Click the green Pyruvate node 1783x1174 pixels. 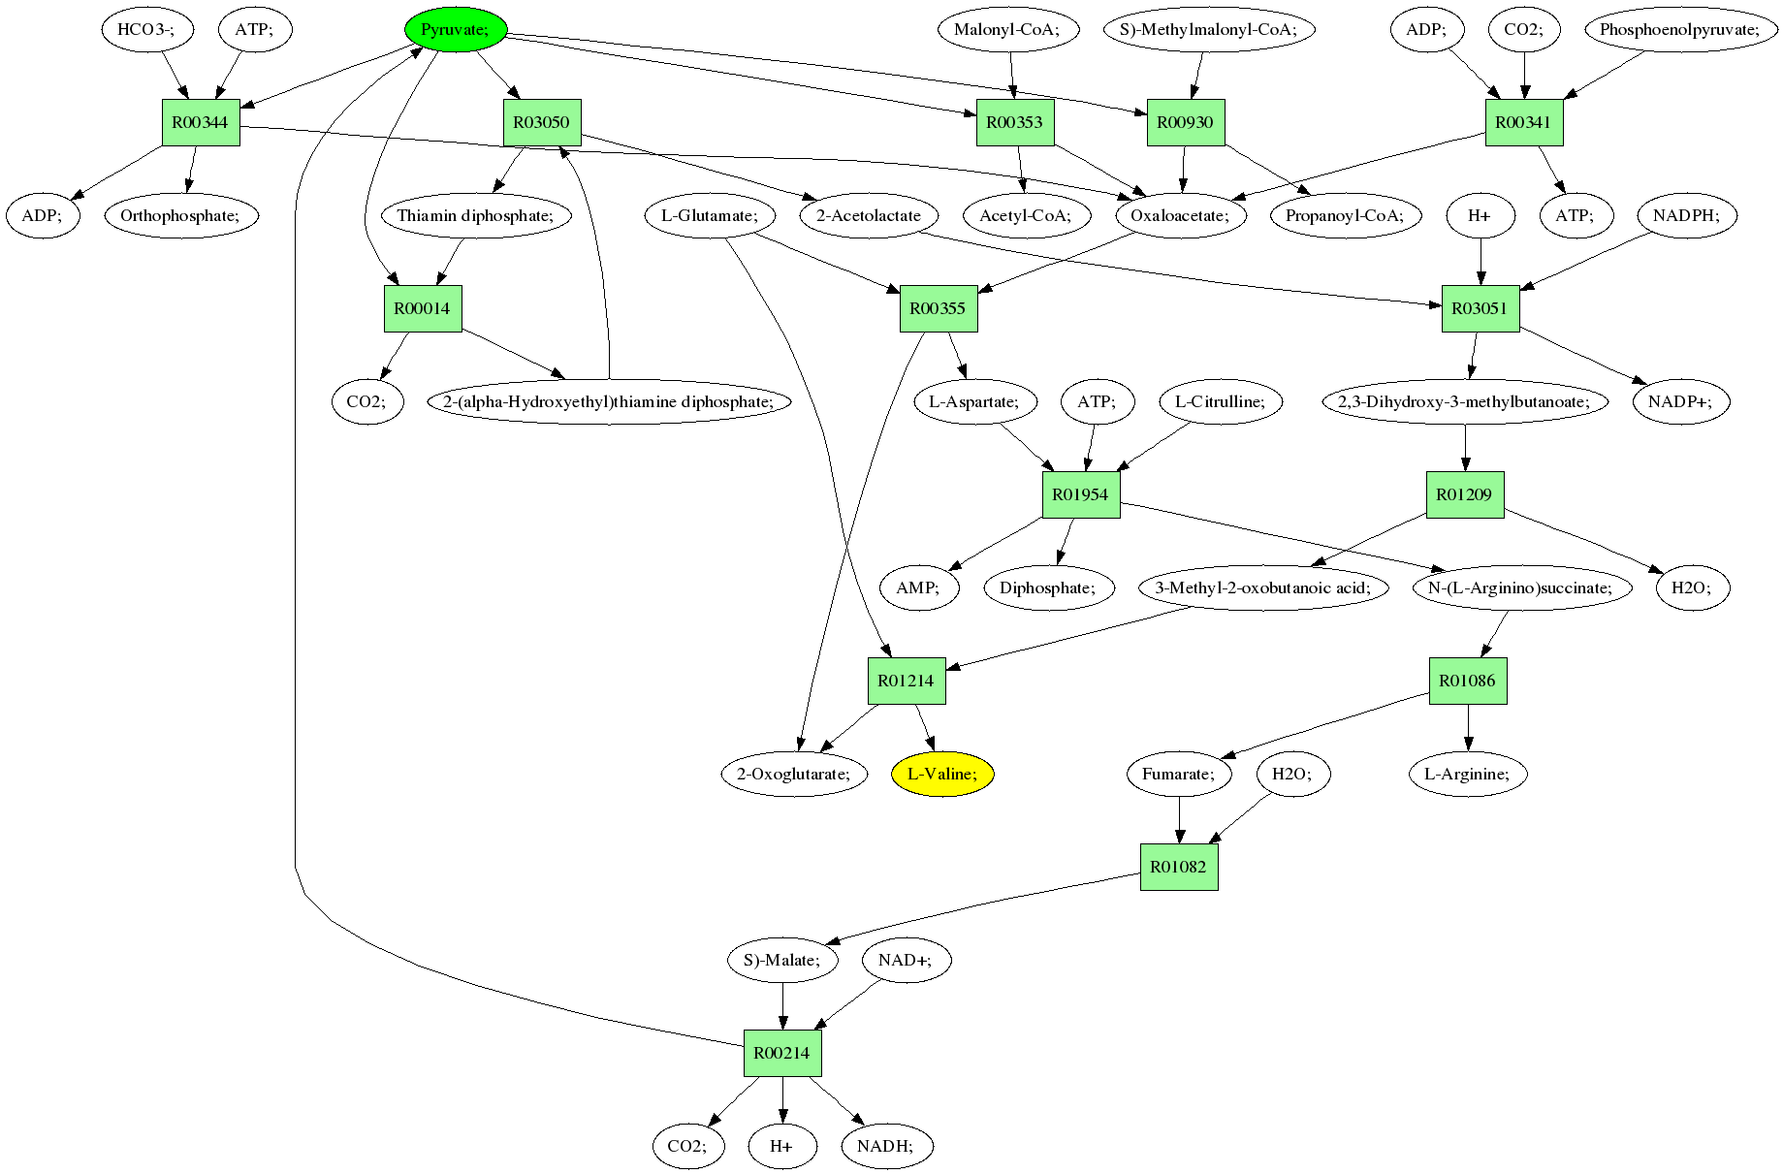click(x=455, y=30)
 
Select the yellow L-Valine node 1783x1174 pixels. click(x=942, y=774)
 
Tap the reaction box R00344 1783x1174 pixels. click(x=201, y=123)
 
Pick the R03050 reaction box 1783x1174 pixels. click(x=542, y=123)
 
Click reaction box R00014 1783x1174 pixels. click(x=423, y=309)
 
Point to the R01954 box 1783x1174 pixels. click(x=1081, y=495)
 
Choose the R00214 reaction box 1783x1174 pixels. click(x=782, y=1053)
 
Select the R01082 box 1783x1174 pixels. click(x=1179, y=867)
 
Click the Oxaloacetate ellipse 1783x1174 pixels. click(x=1181, y=215)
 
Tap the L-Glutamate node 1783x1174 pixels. click(x=709, y=215)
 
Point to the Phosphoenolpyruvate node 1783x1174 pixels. click(x=1680, y=30)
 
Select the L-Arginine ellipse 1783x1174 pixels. click(x=1468, y=774)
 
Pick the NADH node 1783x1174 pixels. click(x=887, y=1146)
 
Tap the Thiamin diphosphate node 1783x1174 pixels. click(x=476, y=215)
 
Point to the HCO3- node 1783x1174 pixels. click(x=147, y=30)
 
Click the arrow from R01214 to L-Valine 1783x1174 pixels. click(x=924, y=728)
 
